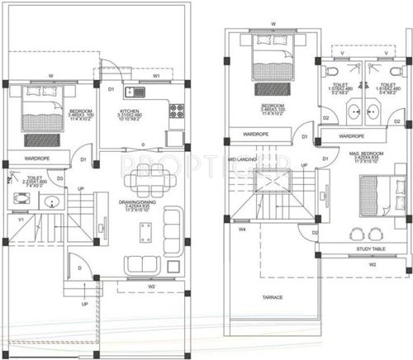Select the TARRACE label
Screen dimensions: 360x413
click(273, 296)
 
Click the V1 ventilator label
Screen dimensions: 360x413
click(21, 219)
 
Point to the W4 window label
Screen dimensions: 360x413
click(243, 230)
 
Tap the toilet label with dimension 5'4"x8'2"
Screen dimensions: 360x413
click(386, 88)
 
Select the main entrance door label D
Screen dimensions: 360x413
click(78, 268)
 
